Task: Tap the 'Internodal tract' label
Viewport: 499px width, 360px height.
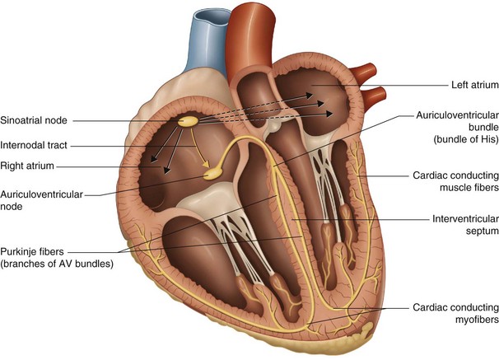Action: point(34,144)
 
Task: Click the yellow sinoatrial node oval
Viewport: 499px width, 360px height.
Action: point(190,120)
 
